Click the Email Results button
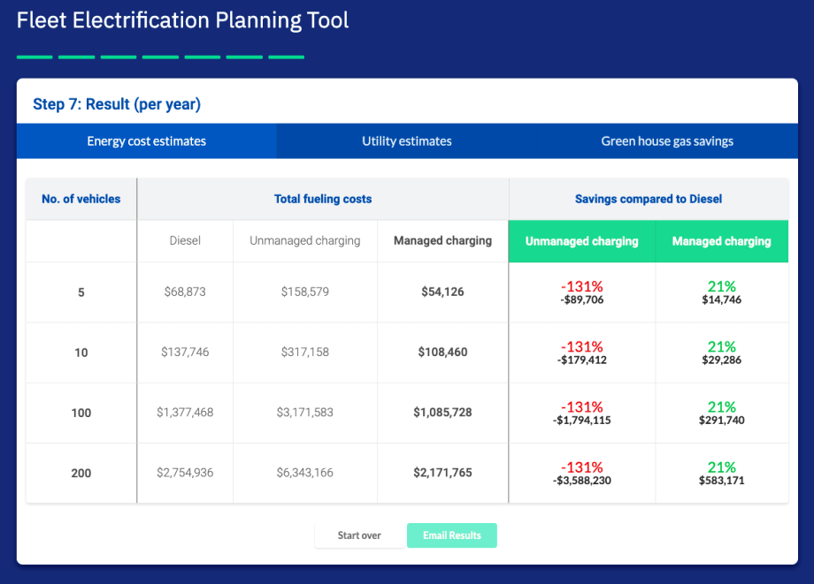click(x=451, y=535)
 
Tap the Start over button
click(x=359, y=535)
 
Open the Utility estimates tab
click(x=407, y=141)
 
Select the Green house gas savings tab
click(x=667, y=141)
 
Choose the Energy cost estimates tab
click(x=146, y=141)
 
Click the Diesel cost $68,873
click(x=185, y=292)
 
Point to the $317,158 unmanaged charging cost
click(x=304, y=352)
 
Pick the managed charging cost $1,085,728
click(x=442, y=413)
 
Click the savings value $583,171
click(x=722, y=481)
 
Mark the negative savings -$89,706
click(x=582, y=300)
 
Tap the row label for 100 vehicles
click(x=81, y=413)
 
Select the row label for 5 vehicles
click(x=81, y=292)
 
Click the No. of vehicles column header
click(x=81, y=199)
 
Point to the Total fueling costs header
click(x=323, y=199)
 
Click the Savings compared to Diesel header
click(x=649, y=199)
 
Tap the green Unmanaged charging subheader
click(x=582, y=241)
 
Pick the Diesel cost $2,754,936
click(x=185, y=473)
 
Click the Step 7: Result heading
click(x=117, y=104)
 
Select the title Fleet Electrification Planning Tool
click(x=183, y=20)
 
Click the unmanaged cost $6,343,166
click(x=304, y=473)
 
